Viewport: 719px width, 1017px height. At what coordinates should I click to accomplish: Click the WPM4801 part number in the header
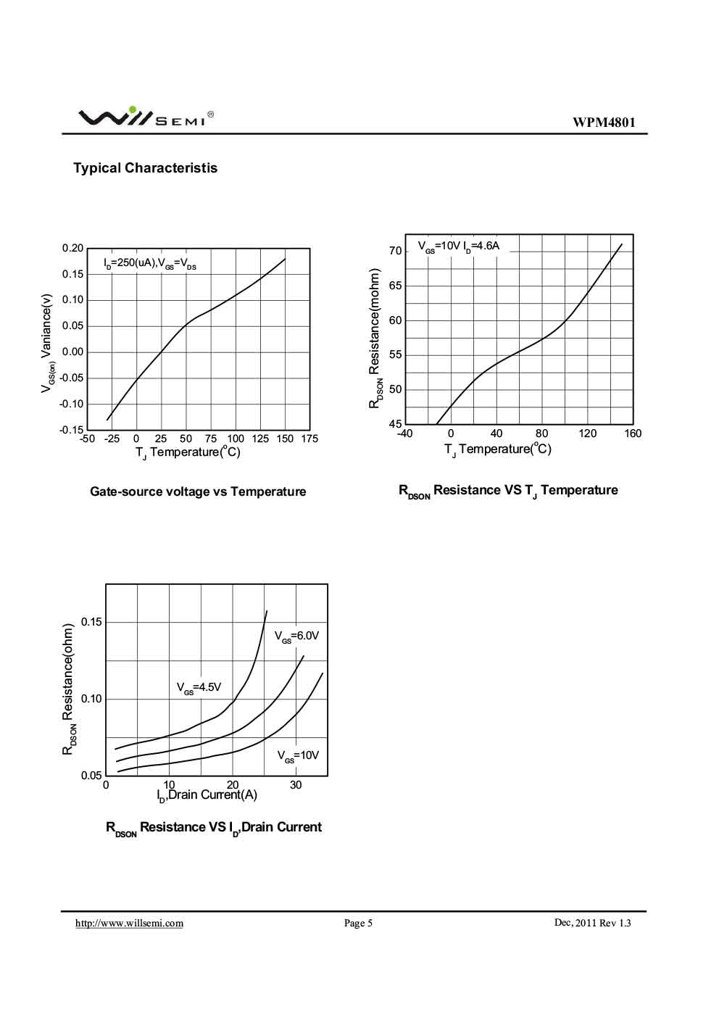604,123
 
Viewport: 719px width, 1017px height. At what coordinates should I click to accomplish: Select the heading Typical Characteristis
145,168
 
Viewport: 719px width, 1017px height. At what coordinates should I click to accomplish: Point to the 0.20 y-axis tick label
73,248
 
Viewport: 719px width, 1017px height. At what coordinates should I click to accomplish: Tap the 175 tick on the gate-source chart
309,439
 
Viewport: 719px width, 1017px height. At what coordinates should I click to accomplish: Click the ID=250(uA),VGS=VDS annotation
150,263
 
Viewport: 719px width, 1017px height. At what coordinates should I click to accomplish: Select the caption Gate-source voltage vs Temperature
198,491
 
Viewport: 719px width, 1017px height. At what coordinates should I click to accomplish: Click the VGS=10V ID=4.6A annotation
459,246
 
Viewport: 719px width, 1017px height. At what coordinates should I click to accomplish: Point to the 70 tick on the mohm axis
395,251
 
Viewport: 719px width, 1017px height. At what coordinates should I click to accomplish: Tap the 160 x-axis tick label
632,433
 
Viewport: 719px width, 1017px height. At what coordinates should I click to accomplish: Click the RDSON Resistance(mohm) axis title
375,339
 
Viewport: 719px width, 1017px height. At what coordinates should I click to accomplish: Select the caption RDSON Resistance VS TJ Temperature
508,491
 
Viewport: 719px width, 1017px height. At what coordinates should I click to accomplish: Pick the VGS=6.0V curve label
296,636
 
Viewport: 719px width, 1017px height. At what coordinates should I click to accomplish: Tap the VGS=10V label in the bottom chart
298,755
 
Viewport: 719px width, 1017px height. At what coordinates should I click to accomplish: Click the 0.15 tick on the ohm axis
91,622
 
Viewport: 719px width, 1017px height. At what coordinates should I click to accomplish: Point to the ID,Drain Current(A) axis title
207,795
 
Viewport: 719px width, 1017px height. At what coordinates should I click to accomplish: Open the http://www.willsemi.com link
130,923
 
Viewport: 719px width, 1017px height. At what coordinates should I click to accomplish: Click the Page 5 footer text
358,923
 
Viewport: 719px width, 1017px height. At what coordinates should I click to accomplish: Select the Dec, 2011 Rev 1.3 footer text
592,923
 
